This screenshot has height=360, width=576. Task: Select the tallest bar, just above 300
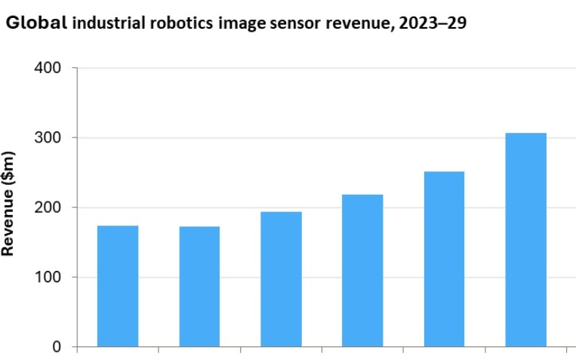pyautogui.click(x=525, y=240)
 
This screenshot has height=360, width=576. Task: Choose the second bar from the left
pyautogui.click(x=199, y=287)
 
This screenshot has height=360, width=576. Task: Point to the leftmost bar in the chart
pyautogui.click(x=118, y=286)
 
